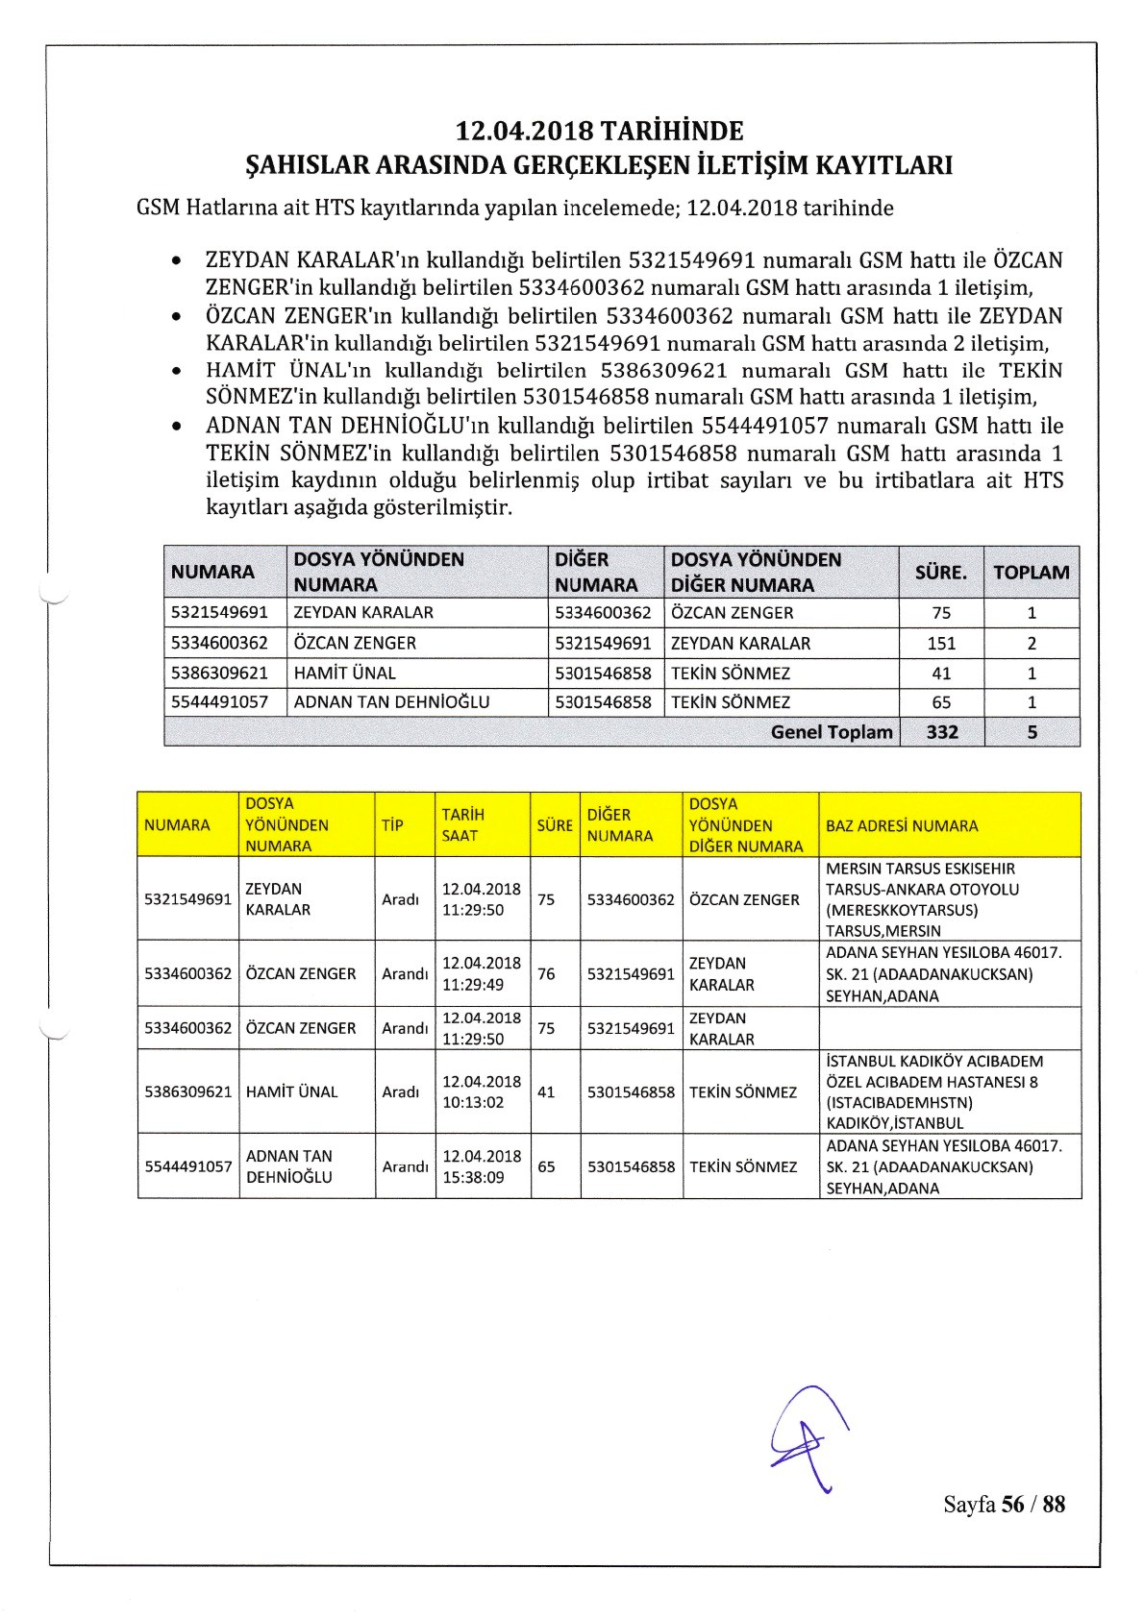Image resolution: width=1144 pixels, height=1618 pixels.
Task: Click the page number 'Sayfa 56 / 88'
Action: pos(1004,1504)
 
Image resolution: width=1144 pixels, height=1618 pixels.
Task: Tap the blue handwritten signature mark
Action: pos(809,1438)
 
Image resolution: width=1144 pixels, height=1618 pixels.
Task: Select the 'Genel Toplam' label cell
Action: pos(832,732)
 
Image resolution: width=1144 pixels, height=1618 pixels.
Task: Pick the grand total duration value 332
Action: pos(941,732)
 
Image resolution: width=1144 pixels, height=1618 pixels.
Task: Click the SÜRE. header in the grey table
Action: pos(940,572)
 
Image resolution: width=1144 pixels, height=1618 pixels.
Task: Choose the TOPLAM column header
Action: pos(1031,572)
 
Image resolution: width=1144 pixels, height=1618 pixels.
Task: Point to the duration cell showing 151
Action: pos(941,643)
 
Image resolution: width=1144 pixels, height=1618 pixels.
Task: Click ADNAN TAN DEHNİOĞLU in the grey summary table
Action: pos(391,702)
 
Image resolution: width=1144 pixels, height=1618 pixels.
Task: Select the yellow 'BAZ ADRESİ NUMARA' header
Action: pos(901,825)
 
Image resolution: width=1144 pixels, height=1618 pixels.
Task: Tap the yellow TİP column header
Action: pos(392,825)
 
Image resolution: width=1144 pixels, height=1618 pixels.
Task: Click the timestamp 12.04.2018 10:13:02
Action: pos(481,1091)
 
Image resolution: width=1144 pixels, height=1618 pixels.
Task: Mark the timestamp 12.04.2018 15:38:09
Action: pos(481,1166)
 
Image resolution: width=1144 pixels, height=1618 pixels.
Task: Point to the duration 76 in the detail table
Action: pos(546,973)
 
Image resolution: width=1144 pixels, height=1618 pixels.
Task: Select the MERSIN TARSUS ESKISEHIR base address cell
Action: pos(921,899)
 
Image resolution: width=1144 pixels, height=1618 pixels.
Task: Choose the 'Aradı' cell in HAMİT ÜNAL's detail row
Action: pos(400,1092)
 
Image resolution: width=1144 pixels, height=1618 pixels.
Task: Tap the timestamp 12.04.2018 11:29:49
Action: pos(481,973)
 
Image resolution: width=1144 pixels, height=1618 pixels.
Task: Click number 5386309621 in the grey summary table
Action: pos(219,673)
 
